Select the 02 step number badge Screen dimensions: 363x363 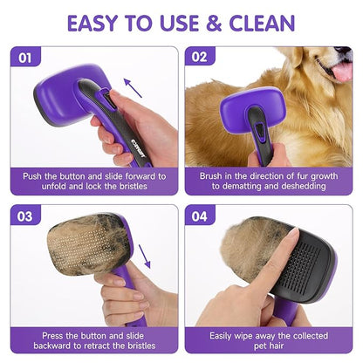click(200, 58)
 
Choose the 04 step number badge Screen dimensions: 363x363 click(200, 216)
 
